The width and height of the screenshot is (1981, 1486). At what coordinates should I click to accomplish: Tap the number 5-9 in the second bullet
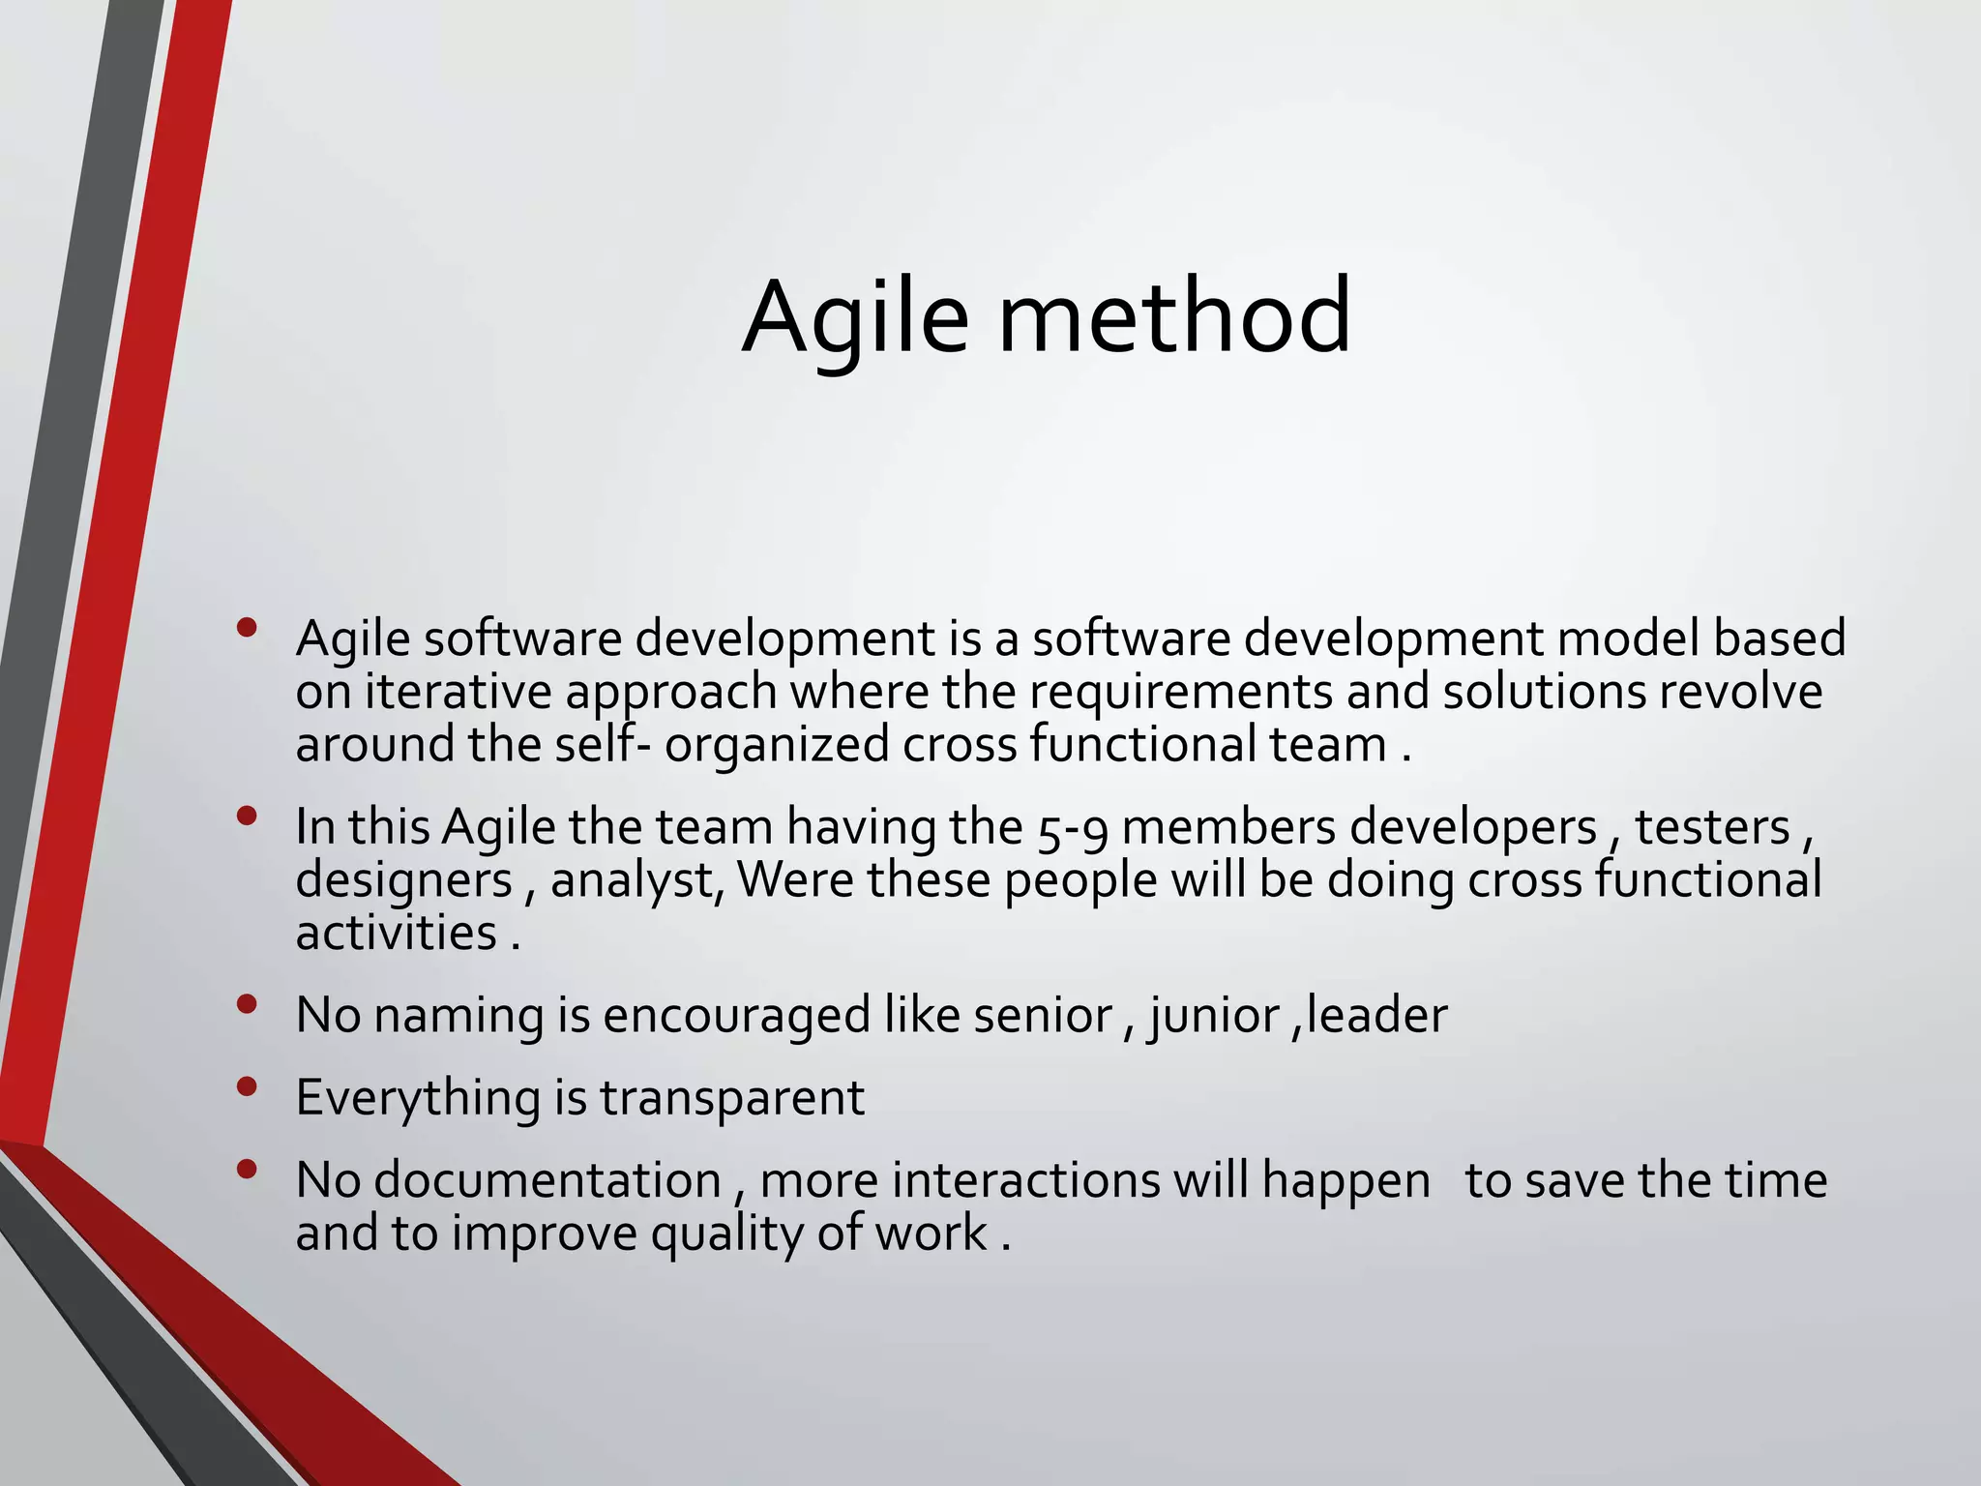pyautogui.click(x=1073, y=829)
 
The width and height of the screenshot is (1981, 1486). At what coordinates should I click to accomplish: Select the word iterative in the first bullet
pyautogui.click(x=458, y=692)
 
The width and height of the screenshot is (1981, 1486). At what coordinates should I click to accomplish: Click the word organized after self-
pyautogui.click(x=776, y=746)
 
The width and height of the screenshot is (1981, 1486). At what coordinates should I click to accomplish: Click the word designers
pyautogui.click(x=403, y=881)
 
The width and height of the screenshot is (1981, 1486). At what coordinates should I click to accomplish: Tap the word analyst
pyautogui.click(x=633, y=881)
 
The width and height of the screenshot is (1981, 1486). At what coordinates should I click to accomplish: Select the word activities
pyautogui.click(x=396, y=934)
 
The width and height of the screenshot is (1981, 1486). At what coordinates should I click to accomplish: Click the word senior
pyautogui.click(x=1043, y=1016)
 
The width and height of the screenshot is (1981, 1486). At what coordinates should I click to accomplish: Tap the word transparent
pyautogui.click(x=731, y=1098)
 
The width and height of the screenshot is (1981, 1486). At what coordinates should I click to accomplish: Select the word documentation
pyautogui.click(x=547, y=1181)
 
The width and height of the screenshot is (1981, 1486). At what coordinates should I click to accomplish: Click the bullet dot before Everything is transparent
pyautogui.click(x=247, y=1087)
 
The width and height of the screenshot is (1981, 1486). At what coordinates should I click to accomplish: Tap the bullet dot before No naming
pyautogui.click(x=247, y=1005)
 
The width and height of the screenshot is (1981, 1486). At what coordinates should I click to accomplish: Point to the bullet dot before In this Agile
pyautogui.click(x=247, y=817)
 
